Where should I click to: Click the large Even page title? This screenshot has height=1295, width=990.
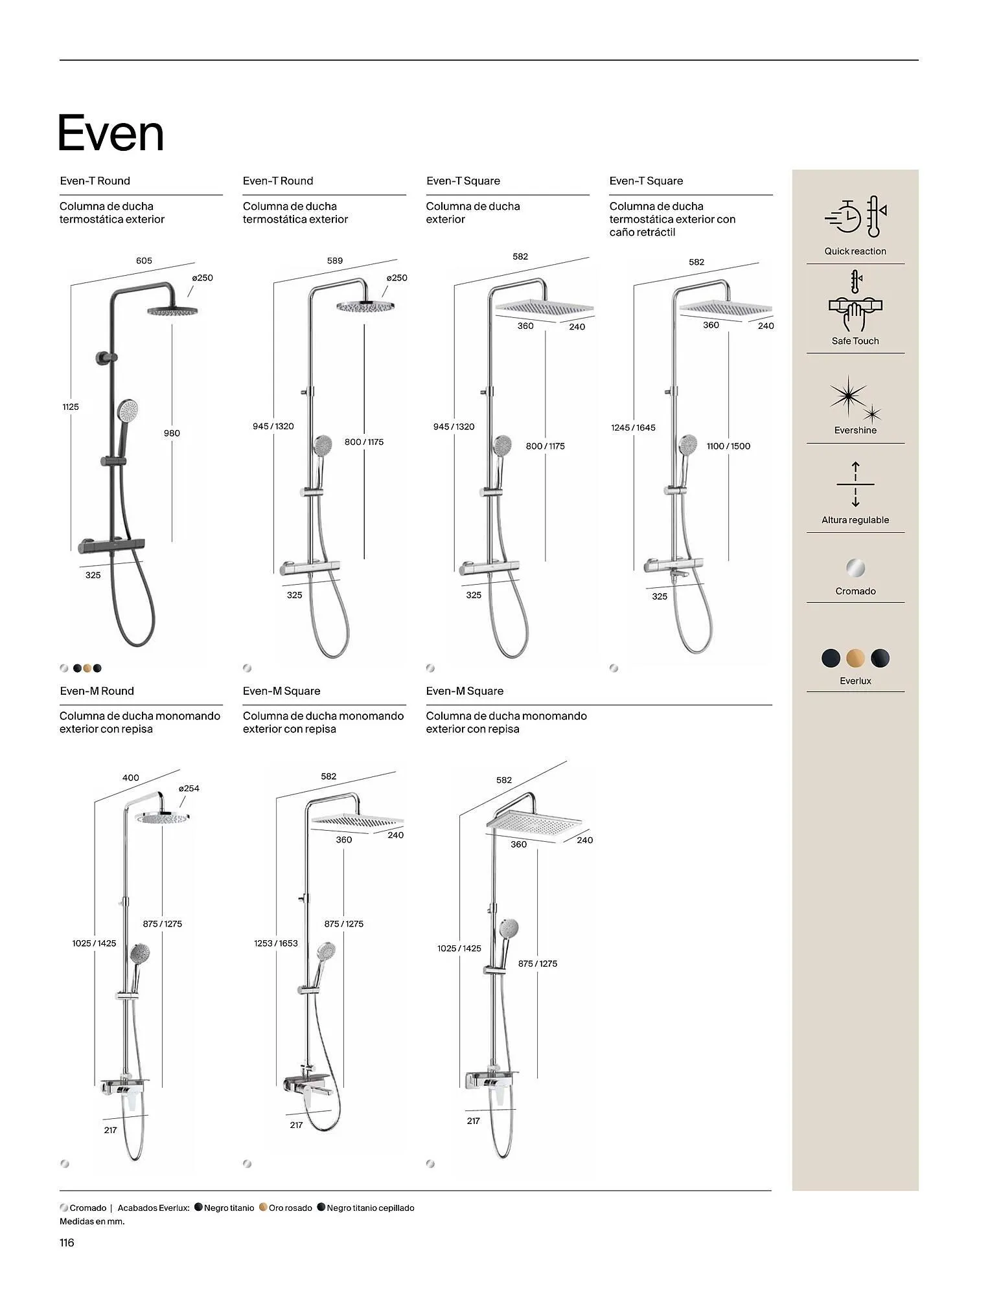pos(111,133)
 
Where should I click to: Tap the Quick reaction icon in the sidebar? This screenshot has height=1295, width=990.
pos(855,218)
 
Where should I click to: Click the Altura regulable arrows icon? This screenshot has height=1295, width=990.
pos(855,484)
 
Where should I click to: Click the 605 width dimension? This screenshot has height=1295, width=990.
pos(144,261)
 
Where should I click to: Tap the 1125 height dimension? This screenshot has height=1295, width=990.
pos(71,407)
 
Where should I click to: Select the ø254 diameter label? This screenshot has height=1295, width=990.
pos(189,788)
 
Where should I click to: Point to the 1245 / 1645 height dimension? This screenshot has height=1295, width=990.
pos(633,427)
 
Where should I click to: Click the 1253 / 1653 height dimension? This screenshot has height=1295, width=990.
pos(276,943)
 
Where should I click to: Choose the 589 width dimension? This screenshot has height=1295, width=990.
pos(335,261)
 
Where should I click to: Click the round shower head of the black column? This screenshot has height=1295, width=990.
pos(172,311)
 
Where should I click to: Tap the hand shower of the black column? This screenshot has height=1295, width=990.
pos(127,411)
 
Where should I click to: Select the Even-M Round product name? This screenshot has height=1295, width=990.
pos(97,691)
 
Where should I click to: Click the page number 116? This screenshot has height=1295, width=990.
pos(67,1243)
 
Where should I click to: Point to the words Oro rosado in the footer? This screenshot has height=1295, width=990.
pos(290,1208)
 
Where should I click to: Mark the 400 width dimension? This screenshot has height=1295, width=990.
pos(131,778)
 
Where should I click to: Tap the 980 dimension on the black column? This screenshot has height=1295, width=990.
pos(172,433)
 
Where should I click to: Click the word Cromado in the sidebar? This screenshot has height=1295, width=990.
pos(855,591)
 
